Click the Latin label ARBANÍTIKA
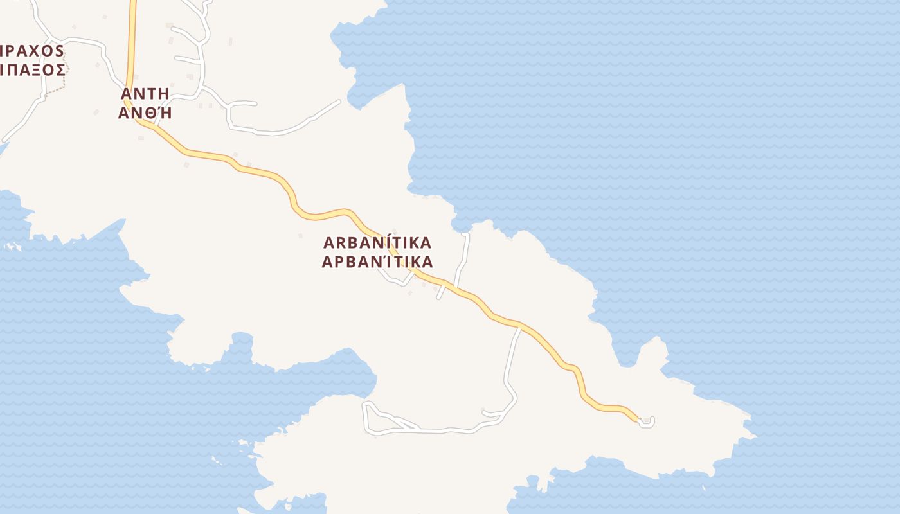pos(377,243)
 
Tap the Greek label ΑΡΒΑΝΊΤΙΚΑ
pos(377,262)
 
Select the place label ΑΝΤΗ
pos(145,94)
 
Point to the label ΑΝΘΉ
pos(145,113)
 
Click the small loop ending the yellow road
pos(648,423)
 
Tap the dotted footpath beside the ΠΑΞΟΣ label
pos(64,84)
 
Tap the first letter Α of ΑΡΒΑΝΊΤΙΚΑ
pos(327,262)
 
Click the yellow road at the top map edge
pos(133,3)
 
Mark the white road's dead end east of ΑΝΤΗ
pos(339,101)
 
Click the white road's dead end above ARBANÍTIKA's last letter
pos(464,235)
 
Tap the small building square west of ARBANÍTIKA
pos(300,236)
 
